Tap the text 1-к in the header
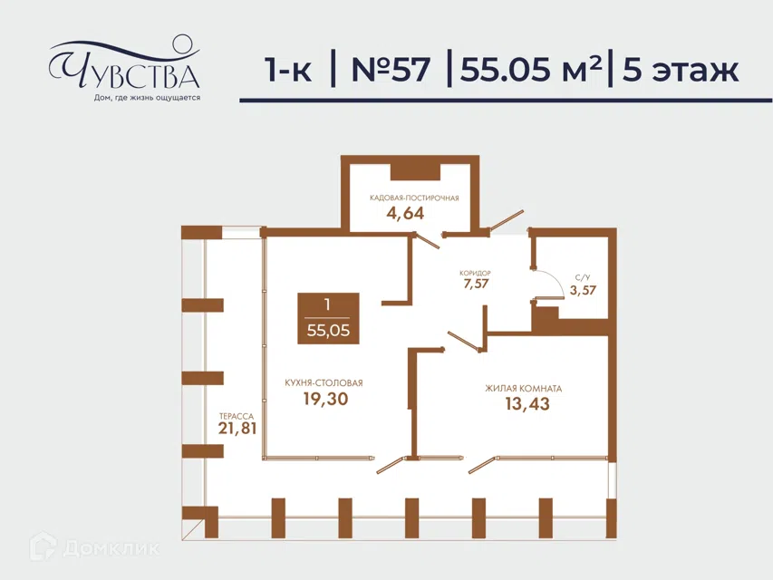[x=288, y=70]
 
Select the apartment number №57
[x=391, y=69]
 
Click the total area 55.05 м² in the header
[x=531, y=69]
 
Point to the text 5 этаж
[x=681, y=70]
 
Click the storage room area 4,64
[x=405, y=213]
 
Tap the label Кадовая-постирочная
[x=414, y=198]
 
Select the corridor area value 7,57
[x=475, y=284]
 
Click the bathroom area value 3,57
[x=583, y=290]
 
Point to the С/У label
[x=582, y=277]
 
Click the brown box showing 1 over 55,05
[x=328, y=318]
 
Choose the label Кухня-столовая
[x=324, y=383]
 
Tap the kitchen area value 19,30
[x=325, y=399]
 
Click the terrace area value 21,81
[x=237, y=428]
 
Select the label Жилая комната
[x=524, y=389]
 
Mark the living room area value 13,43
[x=527, y=404]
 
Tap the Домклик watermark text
[x=111, y=548]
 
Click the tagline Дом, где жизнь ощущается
[x=147, y=98]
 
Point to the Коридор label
[x=475, y=273]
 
